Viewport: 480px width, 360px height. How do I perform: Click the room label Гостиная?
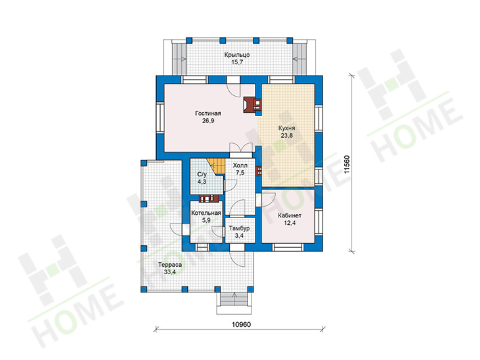(x=208, y=113)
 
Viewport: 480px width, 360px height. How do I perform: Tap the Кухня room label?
(x=287, y=128)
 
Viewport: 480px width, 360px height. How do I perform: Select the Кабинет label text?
(x=289, y=215)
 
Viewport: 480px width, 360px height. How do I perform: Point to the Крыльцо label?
(x=237, y=55)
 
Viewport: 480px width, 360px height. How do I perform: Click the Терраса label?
(x=170, y=265)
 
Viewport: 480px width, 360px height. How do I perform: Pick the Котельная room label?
(x=206, y=213)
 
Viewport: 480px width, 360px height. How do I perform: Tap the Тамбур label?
(x=239, y=228)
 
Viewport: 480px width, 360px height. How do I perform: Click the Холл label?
(x=240, y=165)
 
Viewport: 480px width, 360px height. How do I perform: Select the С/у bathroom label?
(x=202, y=174)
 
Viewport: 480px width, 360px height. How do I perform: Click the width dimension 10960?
(x=241, y=324)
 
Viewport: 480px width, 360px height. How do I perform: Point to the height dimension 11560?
(x=346, y=164)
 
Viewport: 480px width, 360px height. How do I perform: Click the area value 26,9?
(x=208, y=121)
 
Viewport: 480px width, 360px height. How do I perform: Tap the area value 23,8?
(x=287, y=135)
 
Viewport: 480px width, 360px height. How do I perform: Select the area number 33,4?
(x=170, y=272)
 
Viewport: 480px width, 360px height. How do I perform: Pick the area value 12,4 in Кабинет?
(x=289, y=223)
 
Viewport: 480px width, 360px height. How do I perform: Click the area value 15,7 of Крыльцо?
(x=237, y=63)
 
